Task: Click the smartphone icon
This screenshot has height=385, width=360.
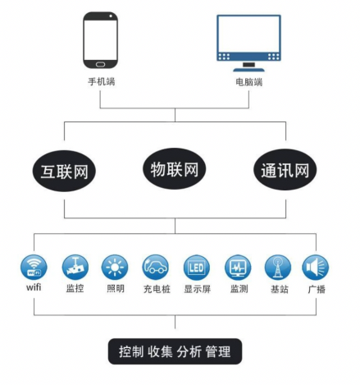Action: tap(101, 40)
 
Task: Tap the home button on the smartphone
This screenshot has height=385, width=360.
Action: tap(100, 64)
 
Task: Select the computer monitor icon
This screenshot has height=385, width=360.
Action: tap(248, 43)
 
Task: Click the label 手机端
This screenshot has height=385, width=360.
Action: tap(102, 81)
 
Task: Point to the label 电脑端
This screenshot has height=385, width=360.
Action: tap(249, 82)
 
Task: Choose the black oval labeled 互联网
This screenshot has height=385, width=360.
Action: tap(64, 171)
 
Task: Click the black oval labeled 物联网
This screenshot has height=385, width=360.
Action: tap(175, 168)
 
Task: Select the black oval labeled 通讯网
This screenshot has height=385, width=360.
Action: tap(285, 170)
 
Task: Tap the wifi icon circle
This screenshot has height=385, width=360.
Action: tap(34, 267)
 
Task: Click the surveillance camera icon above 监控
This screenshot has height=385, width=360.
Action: tap(75, 267)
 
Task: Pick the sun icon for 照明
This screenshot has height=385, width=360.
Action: tap(115, 267)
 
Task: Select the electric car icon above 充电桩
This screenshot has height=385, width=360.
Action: tap(156, 267)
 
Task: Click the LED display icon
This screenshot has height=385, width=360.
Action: tap(197, 268)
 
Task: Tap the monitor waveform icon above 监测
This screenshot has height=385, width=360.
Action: tap(238, 268)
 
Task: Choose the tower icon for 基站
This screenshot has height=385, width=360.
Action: tap(278, 268)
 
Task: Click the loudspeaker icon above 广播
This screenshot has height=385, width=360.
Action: tap(316, 267)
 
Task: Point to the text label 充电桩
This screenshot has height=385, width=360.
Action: tap(157, 289)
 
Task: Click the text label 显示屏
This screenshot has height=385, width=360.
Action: tap(198, 289)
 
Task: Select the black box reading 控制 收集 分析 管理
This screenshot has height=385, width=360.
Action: tap(175, 351)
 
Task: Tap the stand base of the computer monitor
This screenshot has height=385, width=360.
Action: tap(248, 70)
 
